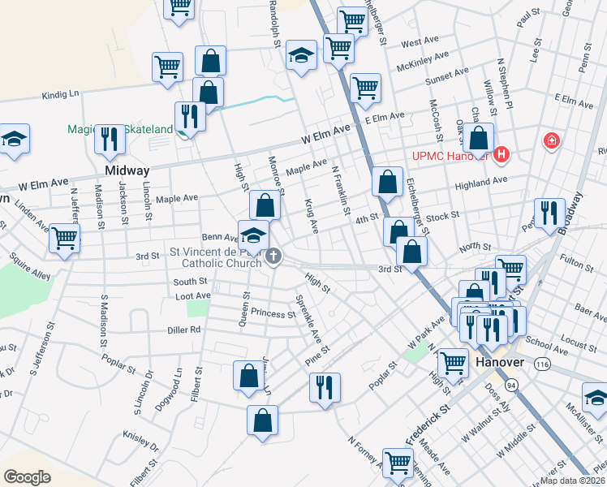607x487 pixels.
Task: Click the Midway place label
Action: coord(127,171)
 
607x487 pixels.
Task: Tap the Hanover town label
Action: coord(502,362)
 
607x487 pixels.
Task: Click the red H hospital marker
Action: coord(502,153)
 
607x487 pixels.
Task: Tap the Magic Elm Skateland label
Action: coord(131,129)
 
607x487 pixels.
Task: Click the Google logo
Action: coord(28,476)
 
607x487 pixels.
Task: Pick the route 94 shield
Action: coord(511,383)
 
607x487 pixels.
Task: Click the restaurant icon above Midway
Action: coord(109,140)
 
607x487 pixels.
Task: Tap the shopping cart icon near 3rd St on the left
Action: coord(64,239)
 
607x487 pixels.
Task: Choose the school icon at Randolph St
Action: coord(301,56)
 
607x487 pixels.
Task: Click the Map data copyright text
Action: coord(571,481)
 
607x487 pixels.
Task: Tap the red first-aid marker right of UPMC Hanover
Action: coord(552,141)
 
